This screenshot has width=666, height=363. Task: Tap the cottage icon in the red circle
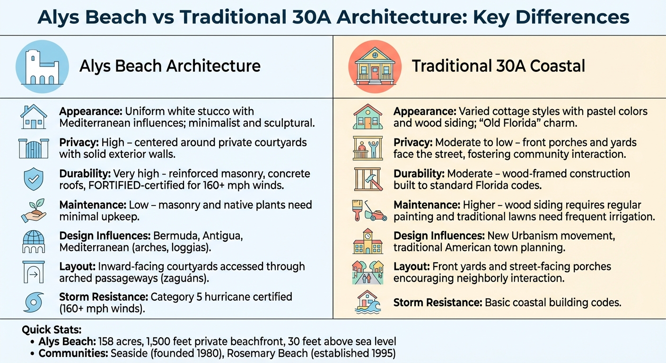tap(375, 66)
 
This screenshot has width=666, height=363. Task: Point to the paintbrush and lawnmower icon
tap(368, 210)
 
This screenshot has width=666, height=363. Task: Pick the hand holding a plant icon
tap(34, 210)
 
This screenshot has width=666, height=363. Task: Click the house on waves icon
tap(368, 302)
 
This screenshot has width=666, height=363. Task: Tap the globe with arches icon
tap(34, 241)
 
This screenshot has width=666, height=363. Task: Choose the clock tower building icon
tap(368, 241)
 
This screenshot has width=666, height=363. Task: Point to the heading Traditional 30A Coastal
tap(498, 66)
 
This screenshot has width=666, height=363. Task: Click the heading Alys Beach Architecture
tap(170, 66)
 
